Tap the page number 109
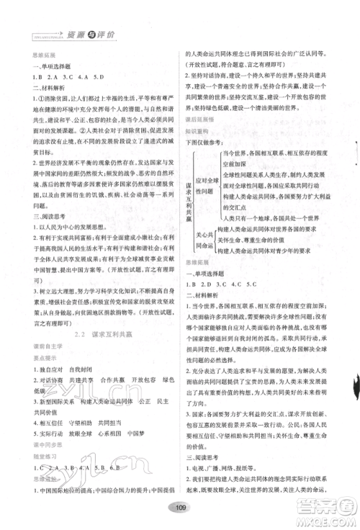180,511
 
